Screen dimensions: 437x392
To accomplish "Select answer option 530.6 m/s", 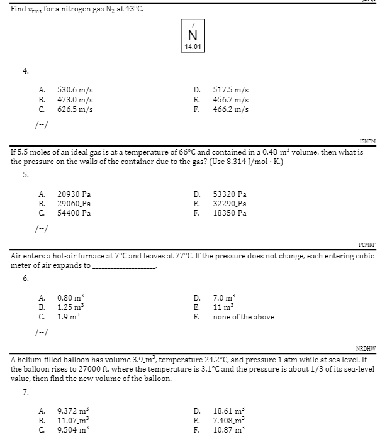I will tap(75, 91).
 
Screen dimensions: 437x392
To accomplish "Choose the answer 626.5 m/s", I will tap(75, 109).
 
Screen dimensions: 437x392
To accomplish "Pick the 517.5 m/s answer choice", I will tap(230, 91).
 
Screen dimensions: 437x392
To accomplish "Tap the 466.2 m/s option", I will tap(230, 109).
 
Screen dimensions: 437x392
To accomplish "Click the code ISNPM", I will tap(367, 142).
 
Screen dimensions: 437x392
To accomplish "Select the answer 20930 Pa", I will tap(74, 194).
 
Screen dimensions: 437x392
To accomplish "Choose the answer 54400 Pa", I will tap(74, 213).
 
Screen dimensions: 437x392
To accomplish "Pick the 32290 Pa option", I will tap(230, 204).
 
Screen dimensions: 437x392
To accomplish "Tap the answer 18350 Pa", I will tap(230, 213).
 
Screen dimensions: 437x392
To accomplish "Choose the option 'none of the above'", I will tap(243, 317).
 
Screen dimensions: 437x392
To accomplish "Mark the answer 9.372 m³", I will tap(75, 411).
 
